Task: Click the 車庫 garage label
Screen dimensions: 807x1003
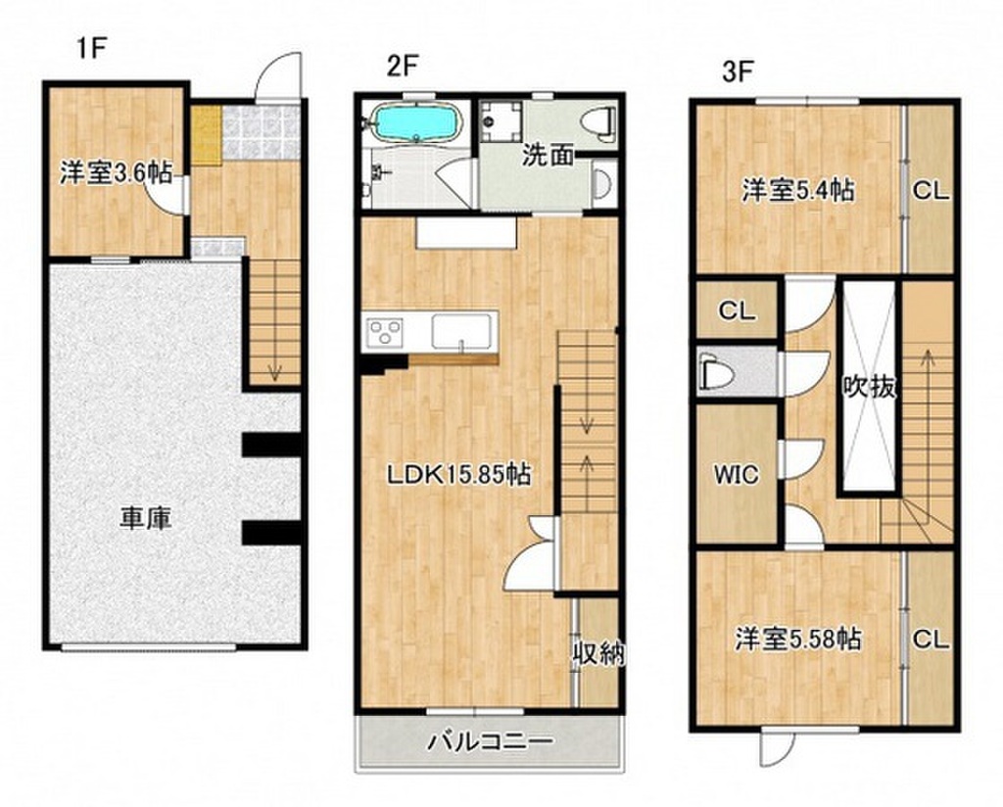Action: tap(146, 518)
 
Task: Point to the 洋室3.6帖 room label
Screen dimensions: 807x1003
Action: tap(116, 173)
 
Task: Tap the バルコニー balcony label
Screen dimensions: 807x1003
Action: tap(491, 741)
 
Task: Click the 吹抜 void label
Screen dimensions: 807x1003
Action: tap(869, 387)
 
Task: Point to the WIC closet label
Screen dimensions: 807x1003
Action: tap(736, 476)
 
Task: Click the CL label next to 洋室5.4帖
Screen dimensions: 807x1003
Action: tap(931, 191)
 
